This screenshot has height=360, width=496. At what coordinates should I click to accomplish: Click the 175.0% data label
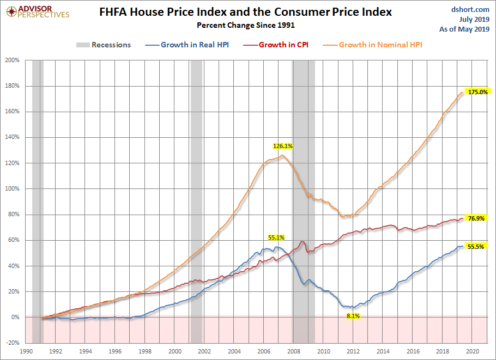478,92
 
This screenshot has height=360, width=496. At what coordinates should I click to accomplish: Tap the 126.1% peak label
283,146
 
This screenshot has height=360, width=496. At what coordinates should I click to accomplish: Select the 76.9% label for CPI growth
476,218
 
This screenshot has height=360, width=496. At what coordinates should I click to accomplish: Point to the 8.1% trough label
353,316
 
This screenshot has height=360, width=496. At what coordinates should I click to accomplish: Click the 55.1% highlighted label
276,237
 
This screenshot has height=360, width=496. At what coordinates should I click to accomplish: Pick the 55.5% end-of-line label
476,247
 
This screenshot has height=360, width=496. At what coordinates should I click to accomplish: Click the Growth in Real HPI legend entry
187,45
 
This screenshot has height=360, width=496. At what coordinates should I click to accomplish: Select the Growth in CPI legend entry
276,45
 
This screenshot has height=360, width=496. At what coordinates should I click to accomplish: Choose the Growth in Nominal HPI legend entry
373,45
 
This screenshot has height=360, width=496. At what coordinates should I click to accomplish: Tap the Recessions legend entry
104,45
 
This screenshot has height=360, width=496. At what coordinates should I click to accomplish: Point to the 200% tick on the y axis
13,60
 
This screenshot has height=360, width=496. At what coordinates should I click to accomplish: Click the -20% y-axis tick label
13,343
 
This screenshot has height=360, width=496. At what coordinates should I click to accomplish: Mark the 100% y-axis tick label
13,188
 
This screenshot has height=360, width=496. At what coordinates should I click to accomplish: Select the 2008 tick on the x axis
294,351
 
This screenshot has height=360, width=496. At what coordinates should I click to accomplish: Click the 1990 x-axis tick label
26,351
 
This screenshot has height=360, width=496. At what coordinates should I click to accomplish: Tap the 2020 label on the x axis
472,351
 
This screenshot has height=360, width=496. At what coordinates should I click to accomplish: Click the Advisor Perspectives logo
38,11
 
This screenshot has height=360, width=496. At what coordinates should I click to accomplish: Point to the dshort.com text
470,9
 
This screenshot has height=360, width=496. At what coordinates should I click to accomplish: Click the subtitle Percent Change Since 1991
246,25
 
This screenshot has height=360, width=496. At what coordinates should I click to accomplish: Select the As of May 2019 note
464,29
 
